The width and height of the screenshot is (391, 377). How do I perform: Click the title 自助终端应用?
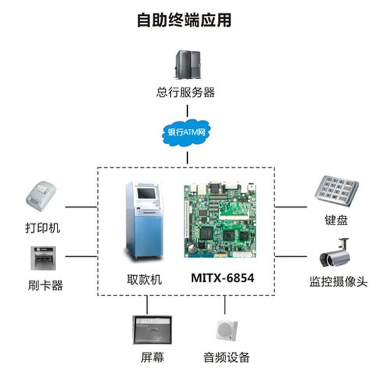tap(184, 20)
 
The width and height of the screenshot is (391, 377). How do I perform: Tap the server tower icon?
tap(188, 65)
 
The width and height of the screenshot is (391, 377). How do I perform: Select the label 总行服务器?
tap(185, 92)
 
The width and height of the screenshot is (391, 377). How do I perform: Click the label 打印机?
tap(43, 228)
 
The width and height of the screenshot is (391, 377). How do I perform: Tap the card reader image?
tap(43, 259)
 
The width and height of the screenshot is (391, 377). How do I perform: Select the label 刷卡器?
tap(45, 285)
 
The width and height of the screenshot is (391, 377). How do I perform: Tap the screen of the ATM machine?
tap(147, 194)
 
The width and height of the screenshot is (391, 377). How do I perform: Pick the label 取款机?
tap(144, 280)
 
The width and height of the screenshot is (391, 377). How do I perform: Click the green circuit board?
tap(220, 221)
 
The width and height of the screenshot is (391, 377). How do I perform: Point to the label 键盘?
tap(336, 220)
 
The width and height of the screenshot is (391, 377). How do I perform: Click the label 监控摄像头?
tap(338, 282)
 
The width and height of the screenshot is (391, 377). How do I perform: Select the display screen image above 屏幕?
tap(152, 330)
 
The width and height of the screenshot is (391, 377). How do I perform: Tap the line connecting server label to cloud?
tap(187, 111)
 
